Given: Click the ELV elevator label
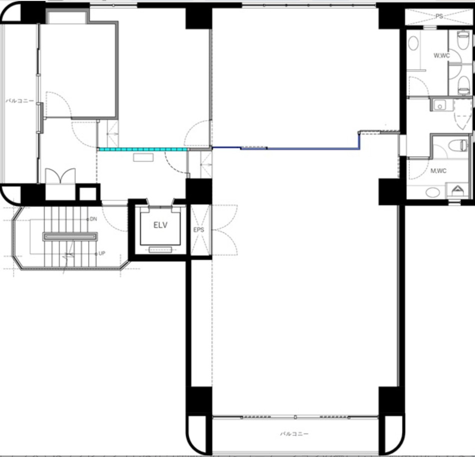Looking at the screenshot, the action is (x=160, y=225).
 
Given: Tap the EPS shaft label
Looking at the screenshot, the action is (x=199, y=230).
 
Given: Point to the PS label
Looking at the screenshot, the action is (x=439, y=16).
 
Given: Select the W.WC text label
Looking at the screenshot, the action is (x=441, y=56).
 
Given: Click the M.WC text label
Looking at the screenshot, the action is (x=438, y=171).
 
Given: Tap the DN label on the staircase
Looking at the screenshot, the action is (x=93, y=219).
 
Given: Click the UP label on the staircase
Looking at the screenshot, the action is (x=102, y=253).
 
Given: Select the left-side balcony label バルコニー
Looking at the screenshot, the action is (x=20, y=101).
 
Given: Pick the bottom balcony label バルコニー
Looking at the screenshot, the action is (x=294, y=433).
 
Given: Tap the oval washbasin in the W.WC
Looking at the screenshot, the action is (x=413, y=43).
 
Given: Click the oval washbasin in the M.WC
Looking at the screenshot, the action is (x=432, y=192).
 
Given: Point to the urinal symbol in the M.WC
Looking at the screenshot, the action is (x=457, y=191).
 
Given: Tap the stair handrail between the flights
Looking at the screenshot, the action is (x=70, y=236).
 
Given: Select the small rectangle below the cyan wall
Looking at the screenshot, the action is (x=143, y=158).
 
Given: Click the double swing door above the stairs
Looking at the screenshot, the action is (x=60, y=176).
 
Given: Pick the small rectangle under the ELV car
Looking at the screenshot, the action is (x=160, y=250).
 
